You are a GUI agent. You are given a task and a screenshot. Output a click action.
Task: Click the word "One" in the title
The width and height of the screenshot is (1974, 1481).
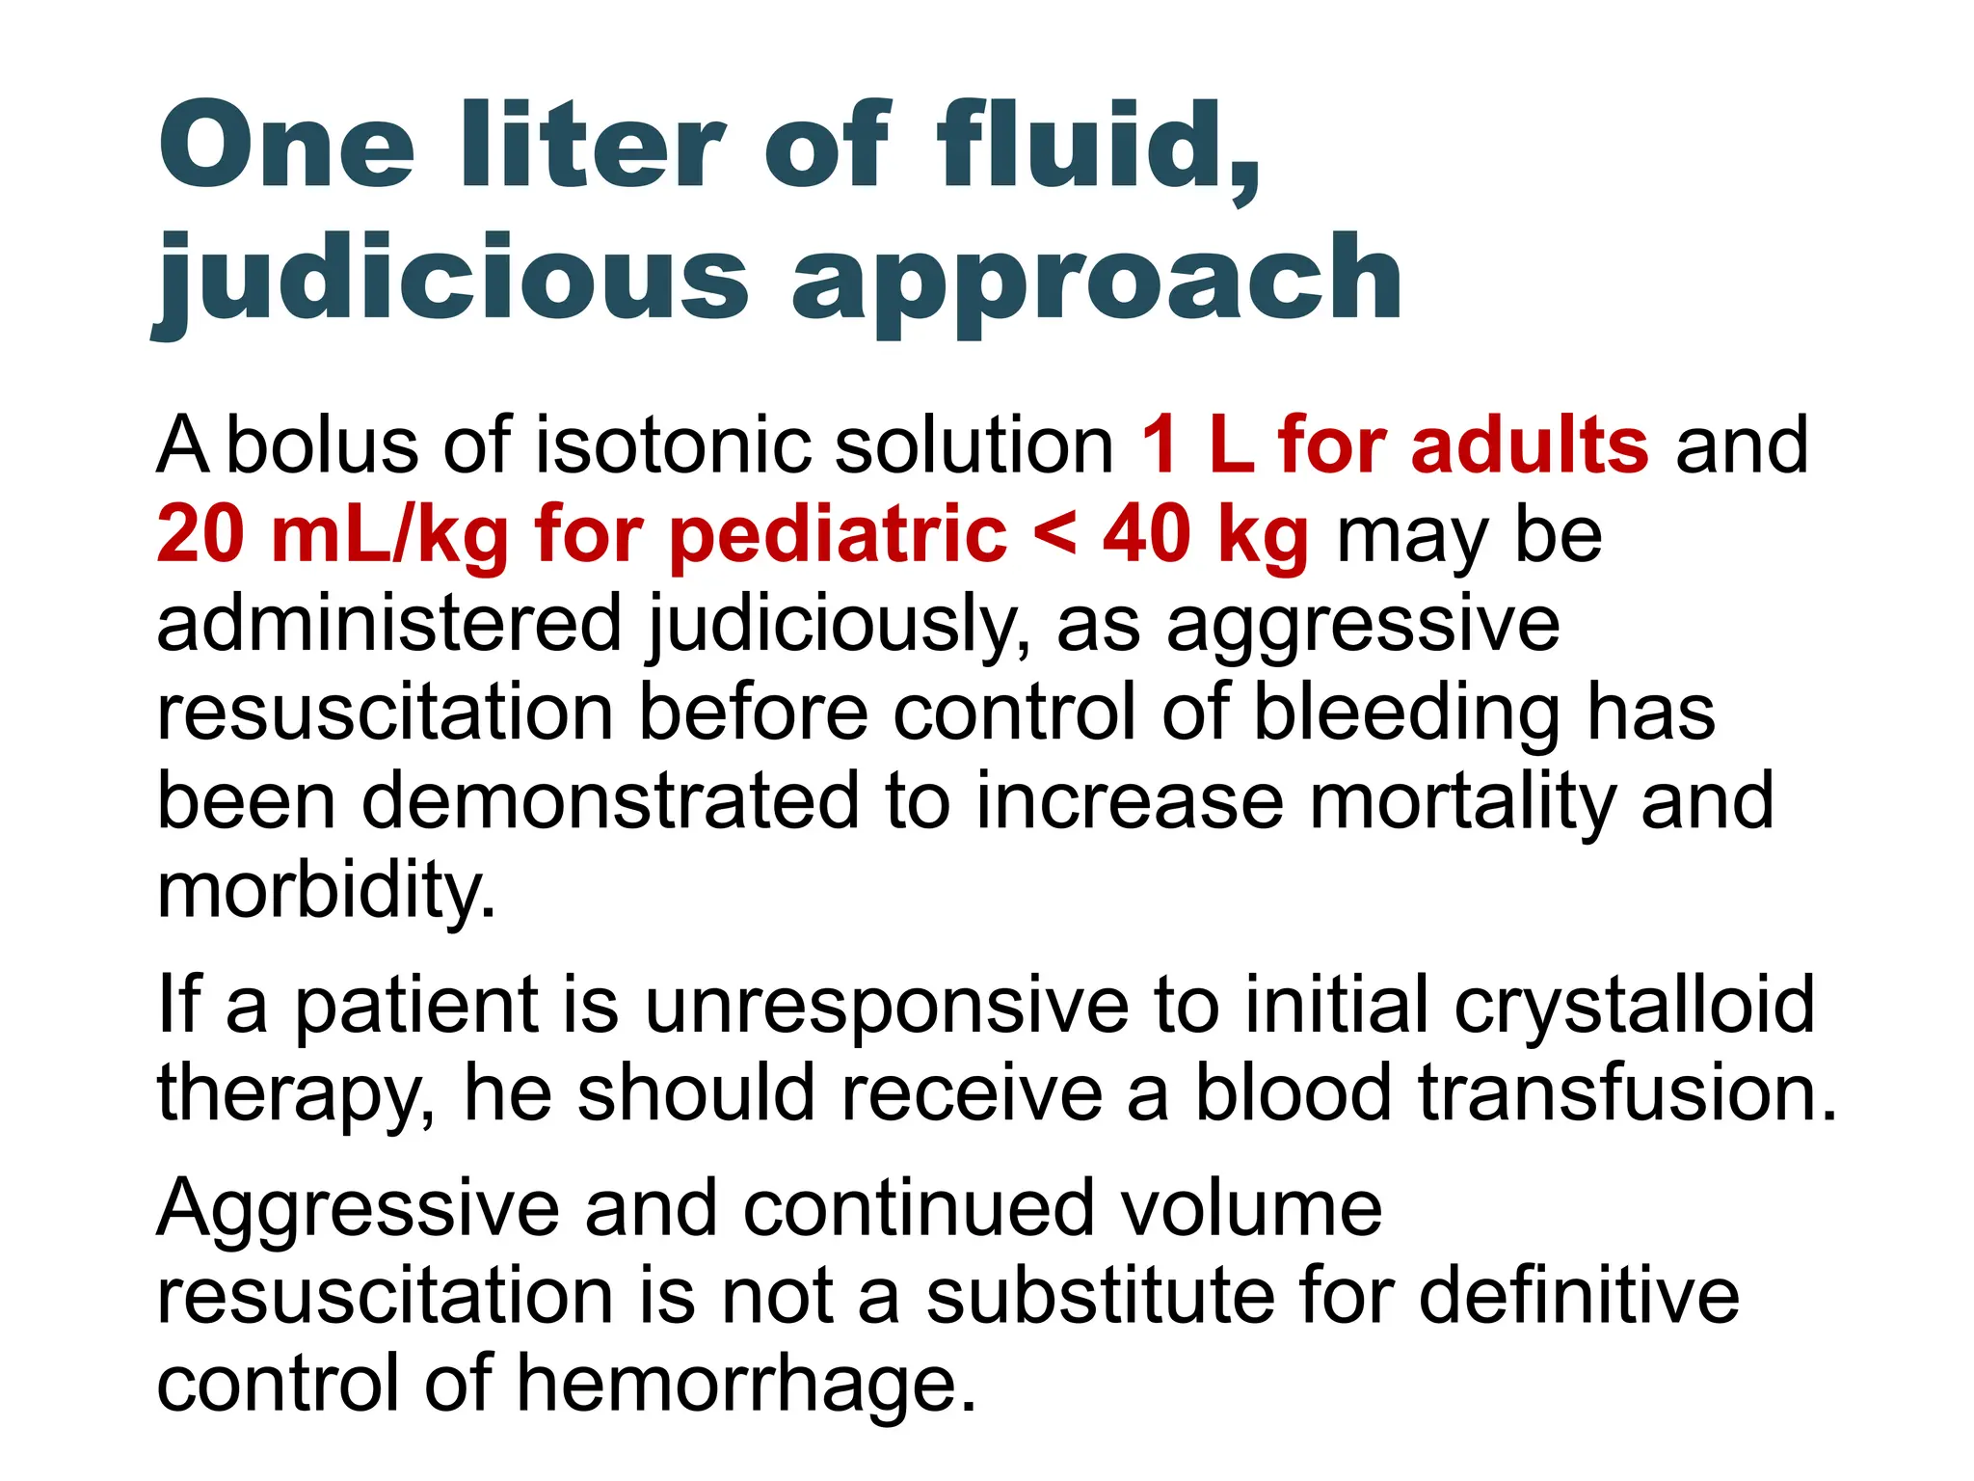tap(286, 147)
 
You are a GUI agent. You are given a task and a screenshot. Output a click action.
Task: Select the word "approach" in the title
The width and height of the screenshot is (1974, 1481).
tap(1096, 282)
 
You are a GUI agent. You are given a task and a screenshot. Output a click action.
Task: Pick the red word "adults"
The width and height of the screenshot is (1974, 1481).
tap(1530, 445)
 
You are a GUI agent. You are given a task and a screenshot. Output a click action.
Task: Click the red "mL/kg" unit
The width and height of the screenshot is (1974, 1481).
tap(390, 536)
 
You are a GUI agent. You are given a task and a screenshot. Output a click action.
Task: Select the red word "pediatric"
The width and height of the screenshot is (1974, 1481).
tap(838, 536)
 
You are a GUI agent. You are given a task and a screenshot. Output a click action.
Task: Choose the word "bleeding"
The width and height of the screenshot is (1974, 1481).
tap(1406, 714)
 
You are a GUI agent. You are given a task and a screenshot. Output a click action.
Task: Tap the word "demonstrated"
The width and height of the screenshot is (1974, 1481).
tap(609, 801)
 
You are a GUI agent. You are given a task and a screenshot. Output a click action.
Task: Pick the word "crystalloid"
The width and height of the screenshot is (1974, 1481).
tap(1634, 1006)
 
